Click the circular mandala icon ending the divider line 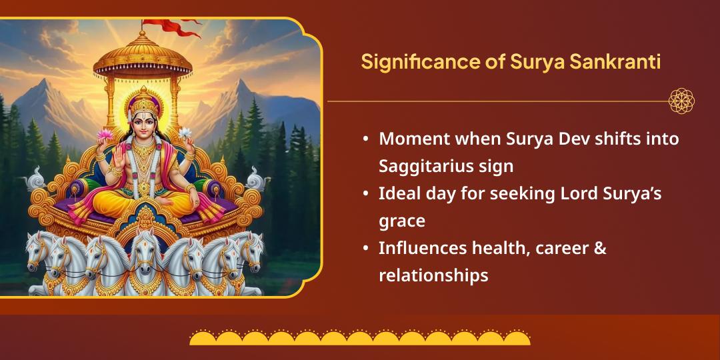point(681,101)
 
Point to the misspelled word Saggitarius point(434,165)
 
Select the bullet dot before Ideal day point(366,193)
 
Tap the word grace point(402,219)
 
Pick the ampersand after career point(599,248)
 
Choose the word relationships point(433,275)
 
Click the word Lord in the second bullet point(557,193)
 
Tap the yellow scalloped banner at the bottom point(360,337)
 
